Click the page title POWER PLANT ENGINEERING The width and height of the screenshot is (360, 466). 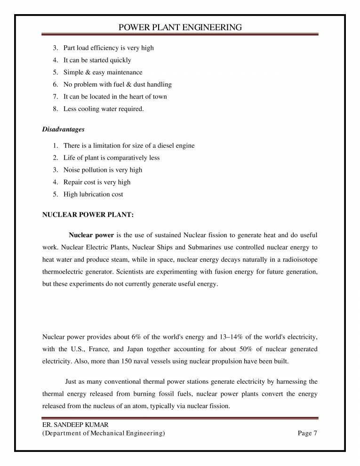click(180, 27)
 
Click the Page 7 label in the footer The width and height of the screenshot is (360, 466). click(308, 434)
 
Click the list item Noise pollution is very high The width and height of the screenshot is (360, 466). click(103, 170)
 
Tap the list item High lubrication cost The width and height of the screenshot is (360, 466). click(93, 194)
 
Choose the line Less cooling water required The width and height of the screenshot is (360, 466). click(104, 109)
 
